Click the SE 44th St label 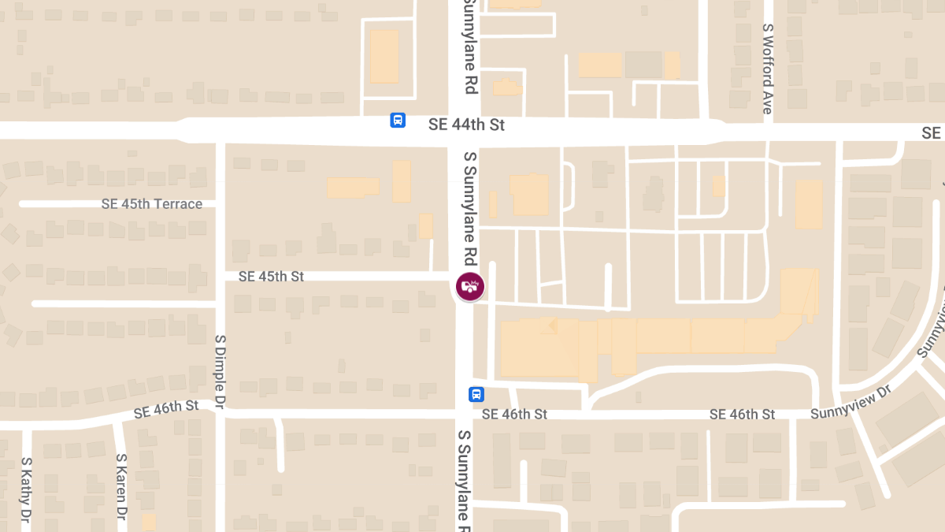(x=466, y=125)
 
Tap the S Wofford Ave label (x=768, y=69)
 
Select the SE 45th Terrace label (x=152, y=204)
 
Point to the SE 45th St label (x=271, y=277)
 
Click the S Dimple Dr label (x=220, y=370)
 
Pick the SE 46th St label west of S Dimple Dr (x=166, y=408)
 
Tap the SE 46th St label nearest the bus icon (x=514, y=414)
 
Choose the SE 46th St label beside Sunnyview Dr (x=742, y=415)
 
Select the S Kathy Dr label (x=26, y=493)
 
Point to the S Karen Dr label (x=121, y=486)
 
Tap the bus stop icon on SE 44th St (x=398, y=121)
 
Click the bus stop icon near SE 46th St (x=476, y=394)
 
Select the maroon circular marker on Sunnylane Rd (x=470, y=286)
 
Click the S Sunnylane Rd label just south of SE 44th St (x=470, y=208)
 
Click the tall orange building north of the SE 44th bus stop (x=384, y=56)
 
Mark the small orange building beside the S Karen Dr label (x=149, y=522)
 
